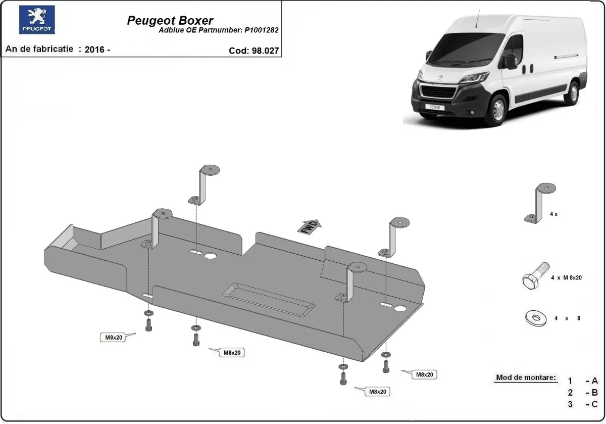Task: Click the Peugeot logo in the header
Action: click(37, 20)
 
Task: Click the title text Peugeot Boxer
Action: click(170, 21)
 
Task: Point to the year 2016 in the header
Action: click(95, 50)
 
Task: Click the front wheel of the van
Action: click(496, 111)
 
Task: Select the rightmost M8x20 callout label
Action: click(423, 374)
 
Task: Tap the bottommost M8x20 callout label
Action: click(377, 391)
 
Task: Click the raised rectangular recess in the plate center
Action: click(268, 300)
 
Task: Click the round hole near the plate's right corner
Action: click(401, 309)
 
